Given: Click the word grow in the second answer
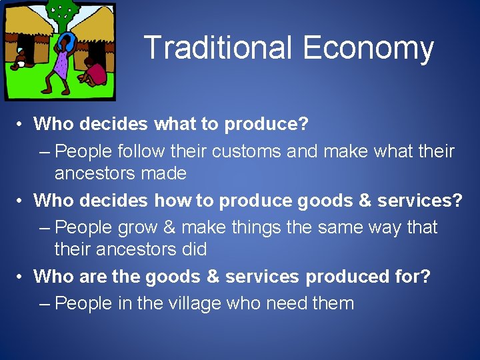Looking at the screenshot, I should tap(137, 228).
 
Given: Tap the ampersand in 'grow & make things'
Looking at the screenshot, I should tap(169, 227).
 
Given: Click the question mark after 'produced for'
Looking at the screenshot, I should tap(425, 276).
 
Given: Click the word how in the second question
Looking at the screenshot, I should tap(171, 200).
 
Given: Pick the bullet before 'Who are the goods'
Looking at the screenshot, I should tap(22, 276).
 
